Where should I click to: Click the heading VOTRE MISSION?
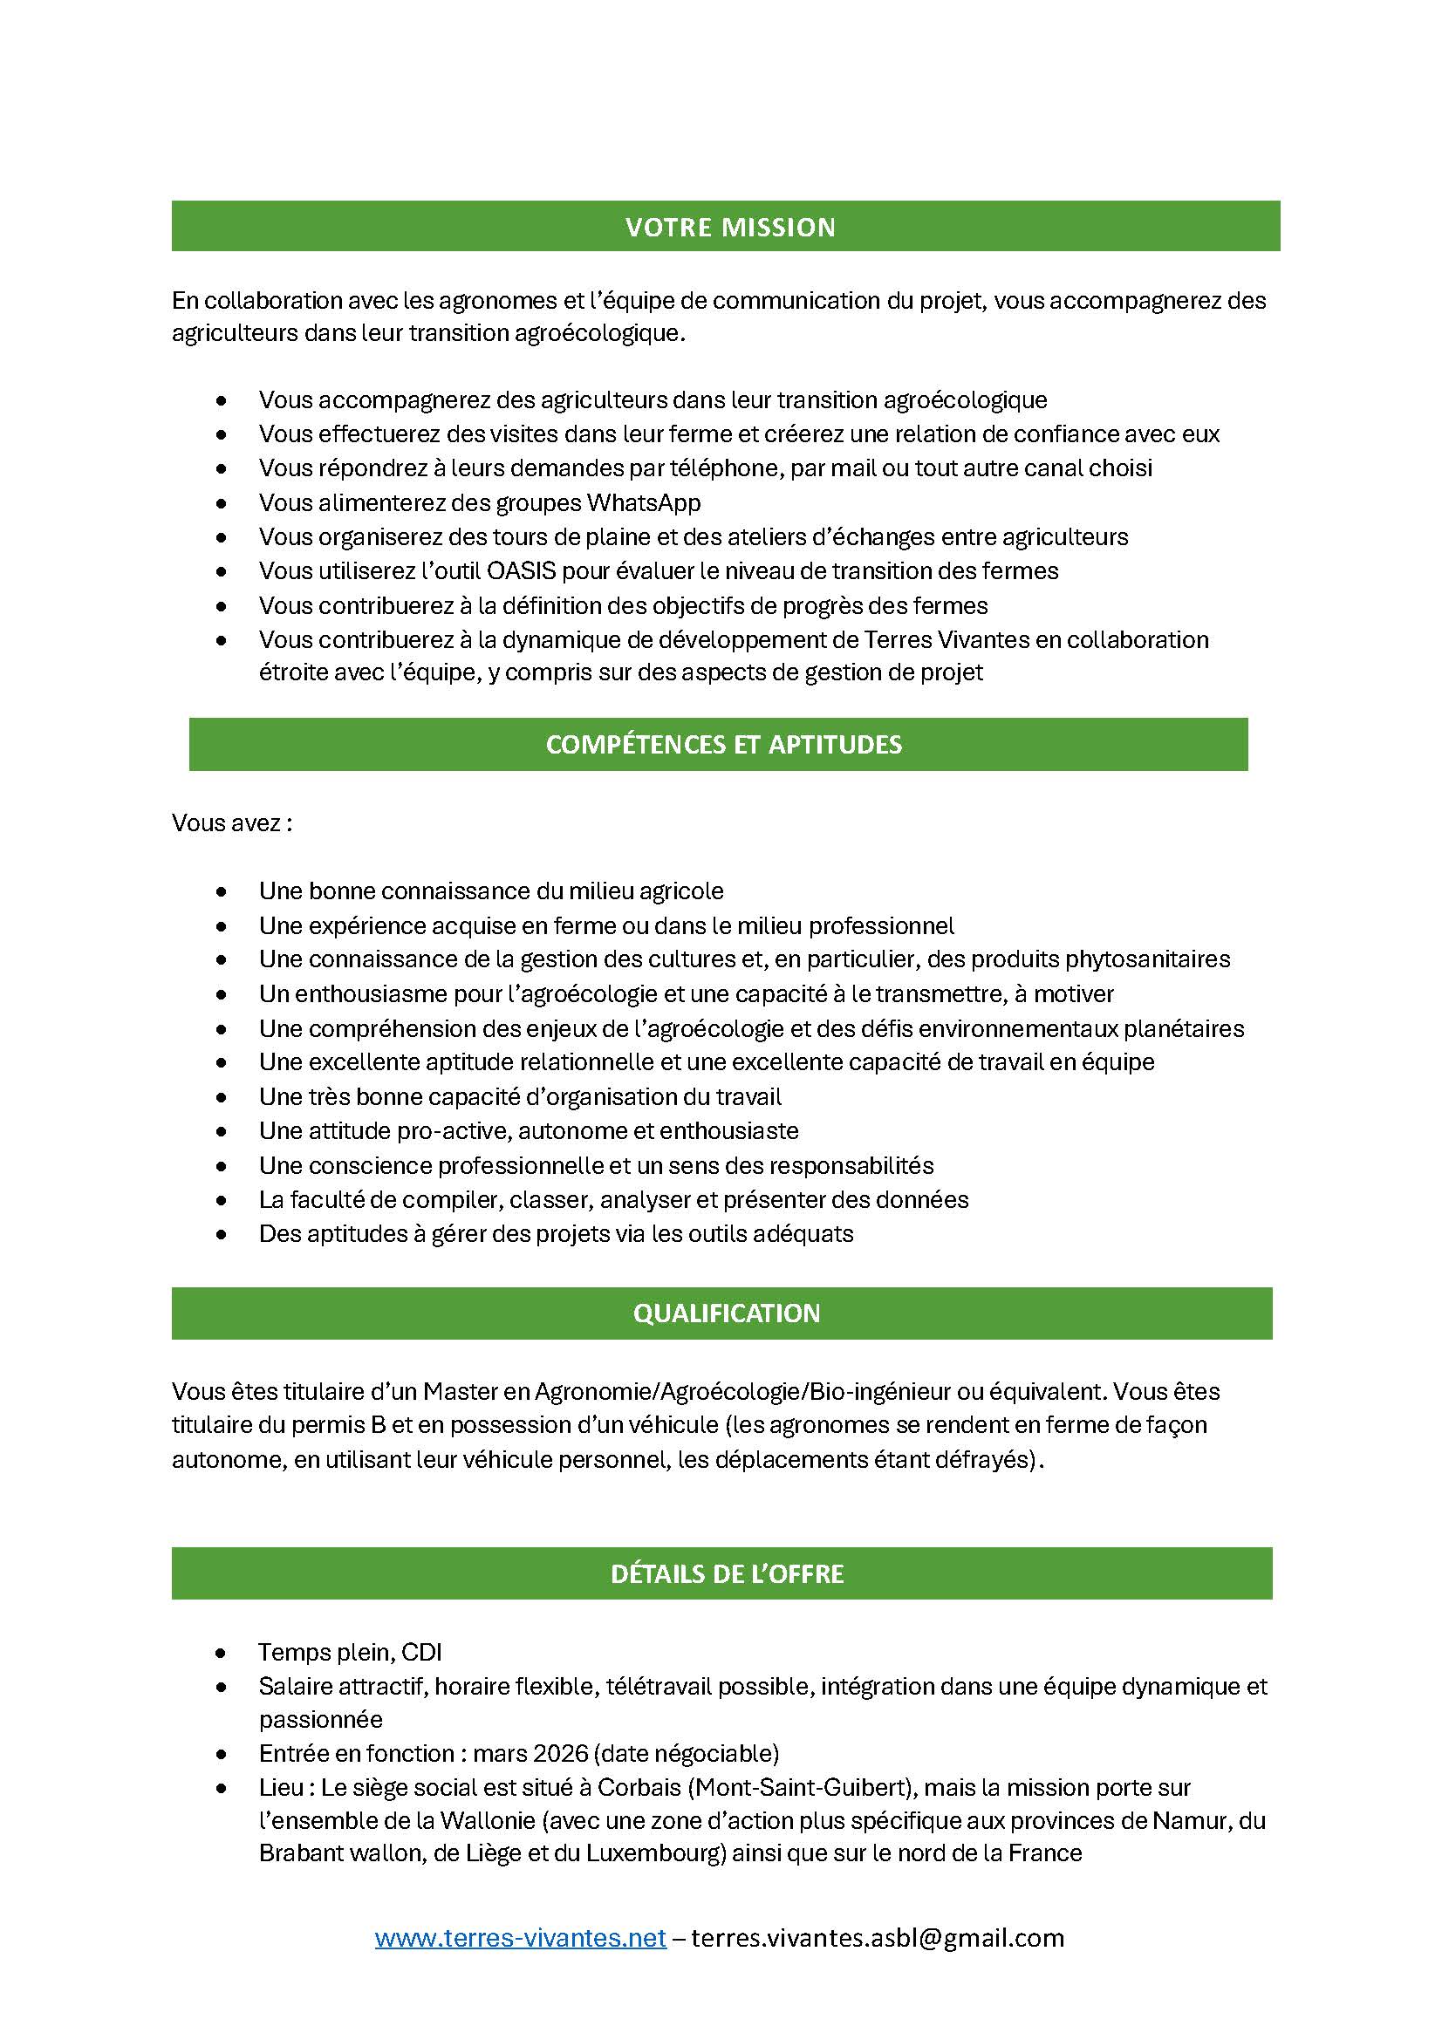click(729, 228)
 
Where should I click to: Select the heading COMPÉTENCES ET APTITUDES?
click(723, 745)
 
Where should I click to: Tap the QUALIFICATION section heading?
click(726, 1313)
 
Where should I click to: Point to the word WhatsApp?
click(643, 503)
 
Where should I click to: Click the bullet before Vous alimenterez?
click(222, 504)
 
